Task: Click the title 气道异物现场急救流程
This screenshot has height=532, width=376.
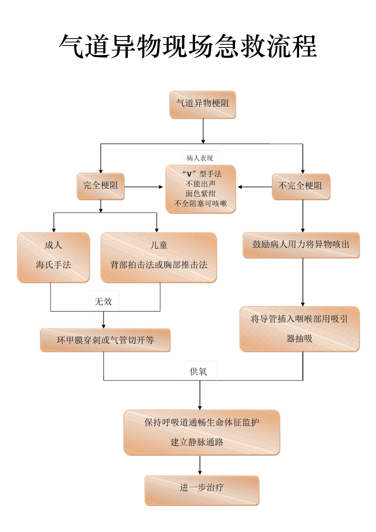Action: point(188,47)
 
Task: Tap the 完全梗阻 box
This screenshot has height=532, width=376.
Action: point(101,186)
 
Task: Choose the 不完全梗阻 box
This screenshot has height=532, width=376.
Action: point(300,186)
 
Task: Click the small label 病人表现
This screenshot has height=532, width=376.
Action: point(200,158)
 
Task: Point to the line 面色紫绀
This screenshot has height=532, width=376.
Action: point(201,194)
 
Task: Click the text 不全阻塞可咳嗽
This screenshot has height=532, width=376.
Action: point(201,203)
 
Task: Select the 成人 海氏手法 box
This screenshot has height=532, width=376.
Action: point(53,257)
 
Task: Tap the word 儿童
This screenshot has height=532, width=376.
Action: point(159,245)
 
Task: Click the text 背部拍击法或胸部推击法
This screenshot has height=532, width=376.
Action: point(159,265)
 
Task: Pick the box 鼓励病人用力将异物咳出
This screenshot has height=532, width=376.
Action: point(301,245)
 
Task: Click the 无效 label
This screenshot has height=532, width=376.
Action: point(103,302)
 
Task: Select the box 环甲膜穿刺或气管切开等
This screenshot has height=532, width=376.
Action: point(105,340)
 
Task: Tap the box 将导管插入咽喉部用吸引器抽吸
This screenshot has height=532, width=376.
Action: point(300,329)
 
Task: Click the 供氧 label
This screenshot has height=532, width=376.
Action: point(199,372)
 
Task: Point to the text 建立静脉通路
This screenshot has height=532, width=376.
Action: point(197,442)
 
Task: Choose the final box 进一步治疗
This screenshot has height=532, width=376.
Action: point(202,490)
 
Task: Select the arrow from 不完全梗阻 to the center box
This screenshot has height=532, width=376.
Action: point(255,187)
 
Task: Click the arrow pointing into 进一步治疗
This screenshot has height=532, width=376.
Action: point(200,465)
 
